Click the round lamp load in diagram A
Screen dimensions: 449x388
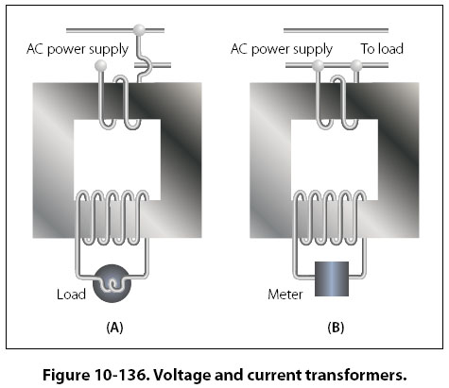click(x=112, y=283)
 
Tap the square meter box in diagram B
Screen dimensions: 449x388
click(x=332, y=278)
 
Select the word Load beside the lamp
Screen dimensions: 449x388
click(x=71, y=295)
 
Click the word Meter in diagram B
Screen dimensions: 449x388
click(x=285, y=295)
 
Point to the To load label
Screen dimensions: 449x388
click(x=382, y=49)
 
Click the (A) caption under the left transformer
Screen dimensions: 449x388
click(x=114, y=328)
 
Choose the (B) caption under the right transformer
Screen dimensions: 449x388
click(x=336, y=328)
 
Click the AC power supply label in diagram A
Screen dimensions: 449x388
click(x=78, y=49)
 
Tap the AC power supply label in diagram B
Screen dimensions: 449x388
click(x=282, y=49)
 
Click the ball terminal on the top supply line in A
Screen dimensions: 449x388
click(x=139, y=30)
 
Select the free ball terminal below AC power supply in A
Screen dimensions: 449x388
click(x=100, y=65)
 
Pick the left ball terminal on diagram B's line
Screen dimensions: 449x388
click(x=318, y=65)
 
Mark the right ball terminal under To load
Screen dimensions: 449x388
click(x=356, y=65)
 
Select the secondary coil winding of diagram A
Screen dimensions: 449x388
click(x=112, y=218)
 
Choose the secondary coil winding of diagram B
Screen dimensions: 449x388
click(x=330, y=218)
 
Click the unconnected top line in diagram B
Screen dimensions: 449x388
click(x=336, y=30)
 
